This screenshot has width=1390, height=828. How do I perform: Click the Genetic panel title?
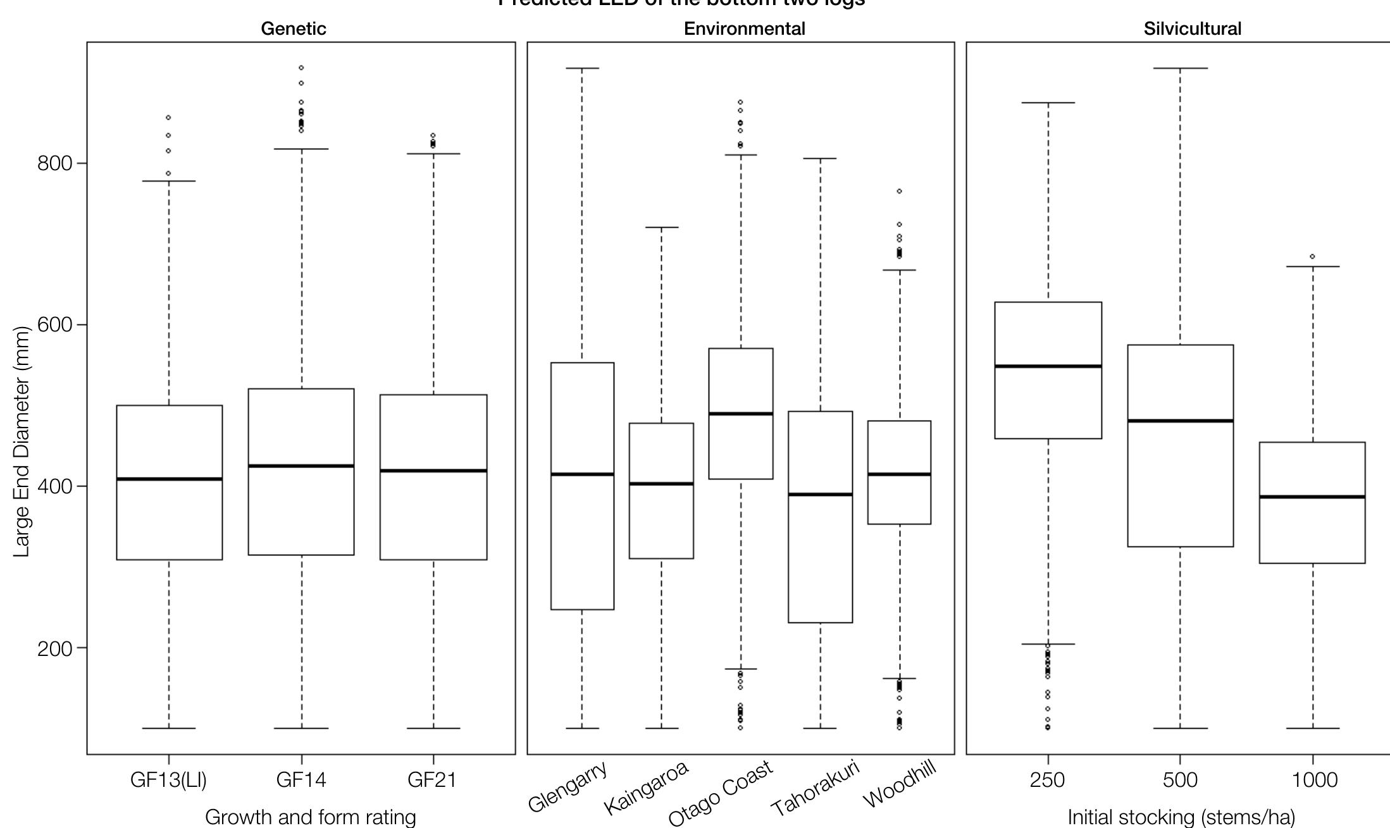(x=294, y=29)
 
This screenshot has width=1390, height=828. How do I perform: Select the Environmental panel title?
(x=744, y=29)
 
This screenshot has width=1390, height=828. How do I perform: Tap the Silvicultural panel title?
(x=1192, y=29)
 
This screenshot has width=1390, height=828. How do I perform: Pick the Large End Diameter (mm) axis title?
(x=22, y=442)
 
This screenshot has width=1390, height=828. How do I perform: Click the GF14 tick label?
(x=301, y=780)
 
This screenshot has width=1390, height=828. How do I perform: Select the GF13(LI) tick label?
(x=168, y=780)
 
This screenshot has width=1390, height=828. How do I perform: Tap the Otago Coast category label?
(x=721, y=793)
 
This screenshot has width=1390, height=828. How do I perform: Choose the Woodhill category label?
(x=899, y=785)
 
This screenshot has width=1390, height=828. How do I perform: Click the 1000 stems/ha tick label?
(x=1315, y=780)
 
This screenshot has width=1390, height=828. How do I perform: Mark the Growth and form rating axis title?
(x=310, y=817)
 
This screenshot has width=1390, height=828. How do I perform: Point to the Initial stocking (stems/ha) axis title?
(x=1181, y=817)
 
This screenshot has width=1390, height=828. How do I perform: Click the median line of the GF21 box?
(x=433, y=471)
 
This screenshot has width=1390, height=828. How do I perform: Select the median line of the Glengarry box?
(x=582, y=474)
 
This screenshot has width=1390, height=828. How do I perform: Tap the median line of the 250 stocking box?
(x=1048, y=366)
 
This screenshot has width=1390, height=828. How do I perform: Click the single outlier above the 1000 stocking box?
(x=1312, y=257)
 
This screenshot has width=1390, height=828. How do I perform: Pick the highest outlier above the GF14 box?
(x=301, y=68)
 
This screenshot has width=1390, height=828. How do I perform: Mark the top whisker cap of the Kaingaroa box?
(x=661, y=227)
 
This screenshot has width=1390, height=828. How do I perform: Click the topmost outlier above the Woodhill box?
(x=899, y=191)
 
